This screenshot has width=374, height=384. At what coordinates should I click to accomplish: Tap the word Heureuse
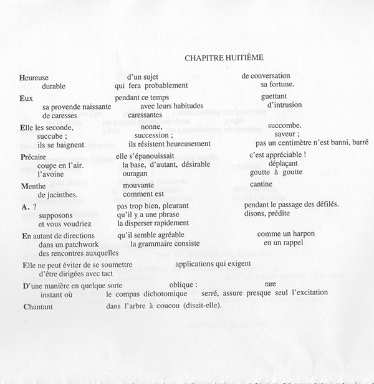click(34, 77)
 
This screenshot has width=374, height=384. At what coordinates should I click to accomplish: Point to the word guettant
click(275, 97)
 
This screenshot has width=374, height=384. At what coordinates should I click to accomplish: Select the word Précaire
click(36, 156)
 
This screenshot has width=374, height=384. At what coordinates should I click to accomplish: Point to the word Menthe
click(34, 185)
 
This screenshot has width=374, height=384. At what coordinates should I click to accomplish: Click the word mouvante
click(138, 185)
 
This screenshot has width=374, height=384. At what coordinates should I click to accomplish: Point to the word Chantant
click(37, 307)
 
